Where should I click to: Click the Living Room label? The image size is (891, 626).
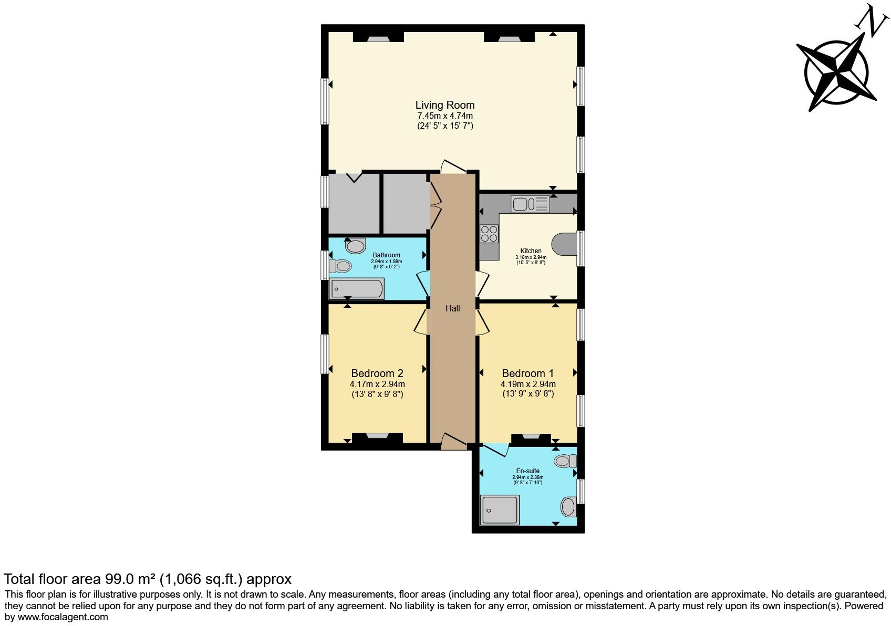444,105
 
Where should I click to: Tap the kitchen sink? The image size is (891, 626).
530,204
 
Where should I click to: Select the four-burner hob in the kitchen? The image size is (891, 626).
489,233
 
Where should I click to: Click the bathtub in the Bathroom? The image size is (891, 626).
356,289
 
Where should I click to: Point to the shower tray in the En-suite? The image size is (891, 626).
500,510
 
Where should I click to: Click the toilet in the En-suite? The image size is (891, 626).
565,462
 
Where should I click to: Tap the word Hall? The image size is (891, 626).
452,309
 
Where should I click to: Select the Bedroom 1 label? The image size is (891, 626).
527,373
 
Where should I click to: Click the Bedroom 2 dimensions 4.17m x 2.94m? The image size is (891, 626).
377,384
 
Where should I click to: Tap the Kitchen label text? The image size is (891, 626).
531,251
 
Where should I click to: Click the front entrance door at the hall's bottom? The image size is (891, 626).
453,442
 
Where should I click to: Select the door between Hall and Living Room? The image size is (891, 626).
453,167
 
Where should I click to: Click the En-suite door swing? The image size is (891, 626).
496,450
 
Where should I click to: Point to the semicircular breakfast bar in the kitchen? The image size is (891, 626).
564,244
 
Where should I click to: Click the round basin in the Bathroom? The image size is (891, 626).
356,246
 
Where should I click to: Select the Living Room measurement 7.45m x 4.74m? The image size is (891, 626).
444,116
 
